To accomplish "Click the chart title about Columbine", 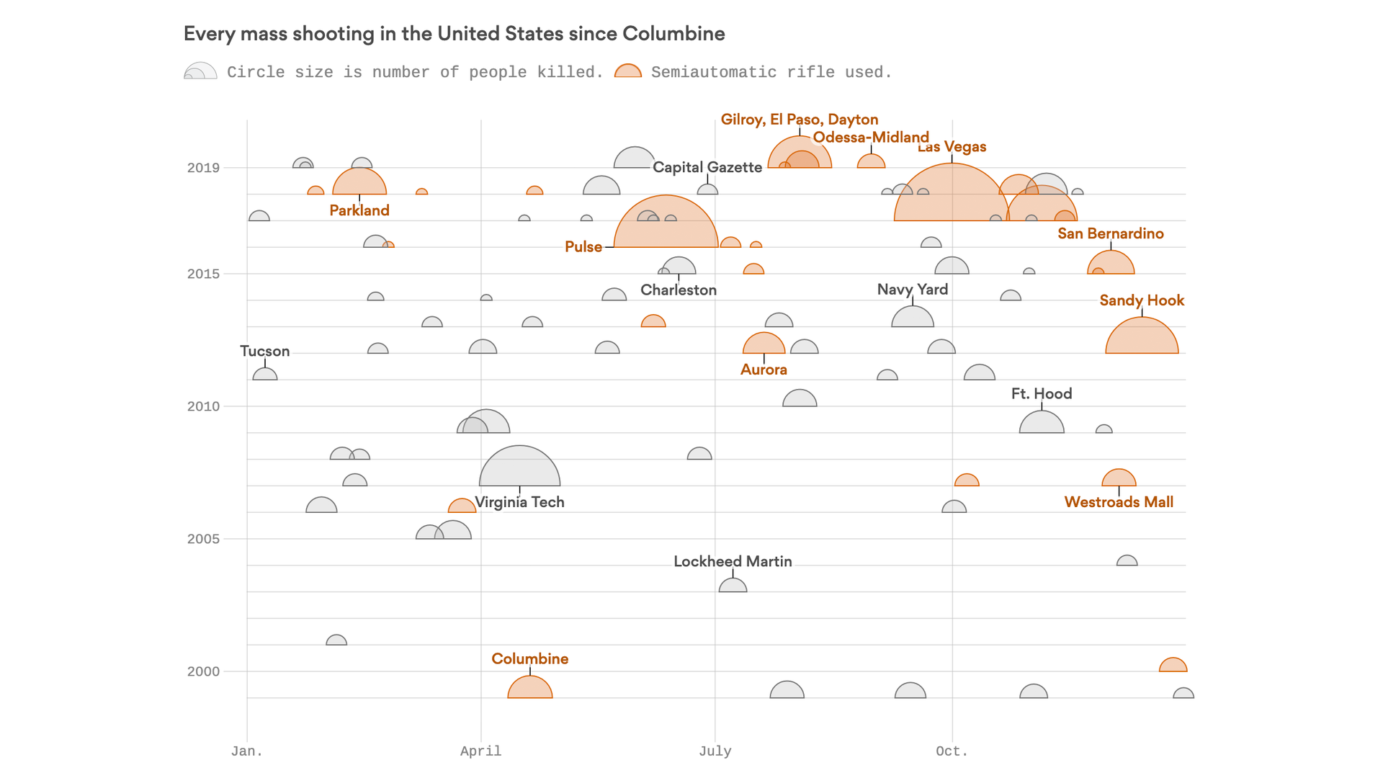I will coord(454,34).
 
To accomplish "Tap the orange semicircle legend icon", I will coord(628,71).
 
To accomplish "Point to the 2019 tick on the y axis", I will coord(203,168).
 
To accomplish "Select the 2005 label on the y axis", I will coord(203,539).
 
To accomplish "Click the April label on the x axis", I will coord(480,751).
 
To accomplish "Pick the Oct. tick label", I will coord(952,751).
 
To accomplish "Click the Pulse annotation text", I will coord(583,247).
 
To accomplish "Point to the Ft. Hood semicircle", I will coord(1042,424).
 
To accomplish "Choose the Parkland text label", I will coord(359,210).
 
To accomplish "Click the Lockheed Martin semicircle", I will coord(733,586).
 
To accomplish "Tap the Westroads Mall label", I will coord(1119,502).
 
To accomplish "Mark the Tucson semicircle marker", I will coord(265,375).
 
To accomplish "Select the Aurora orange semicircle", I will coord(764,345).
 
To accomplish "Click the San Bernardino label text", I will coord(1110,233).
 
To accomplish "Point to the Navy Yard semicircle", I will coord(913,318).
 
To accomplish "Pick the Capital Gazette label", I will coord(707,167).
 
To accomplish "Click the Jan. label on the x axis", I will coord(246,751).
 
